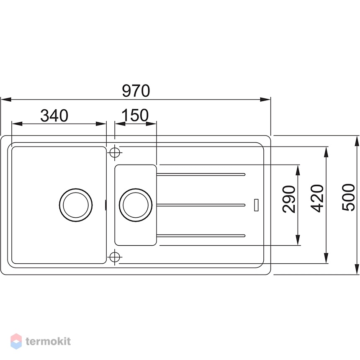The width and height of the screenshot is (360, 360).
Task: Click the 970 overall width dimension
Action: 136,91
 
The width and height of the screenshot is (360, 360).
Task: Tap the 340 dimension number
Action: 54,116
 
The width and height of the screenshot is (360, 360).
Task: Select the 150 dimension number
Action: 135,115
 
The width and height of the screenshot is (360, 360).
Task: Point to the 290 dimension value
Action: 289,199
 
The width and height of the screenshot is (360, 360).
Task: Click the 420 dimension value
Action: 317,198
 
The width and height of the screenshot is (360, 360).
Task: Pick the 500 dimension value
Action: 348,197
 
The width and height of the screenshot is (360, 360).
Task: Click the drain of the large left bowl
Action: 76,205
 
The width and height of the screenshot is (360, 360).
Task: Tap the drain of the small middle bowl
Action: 136,205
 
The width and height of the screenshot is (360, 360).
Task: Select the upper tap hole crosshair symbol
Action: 115,152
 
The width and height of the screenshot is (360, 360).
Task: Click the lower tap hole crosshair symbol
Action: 115,257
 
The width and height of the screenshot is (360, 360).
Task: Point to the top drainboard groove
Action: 201,175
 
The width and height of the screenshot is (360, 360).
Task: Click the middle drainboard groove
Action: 201,205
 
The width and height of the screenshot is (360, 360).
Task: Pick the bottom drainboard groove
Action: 201,236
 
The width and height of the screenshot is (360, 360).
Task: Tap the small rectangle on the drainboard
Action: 257,205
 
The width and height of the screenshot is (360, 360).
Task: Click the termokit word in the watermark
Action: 48,341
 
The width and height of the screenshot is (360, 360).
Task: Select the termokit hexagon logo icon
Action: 16,341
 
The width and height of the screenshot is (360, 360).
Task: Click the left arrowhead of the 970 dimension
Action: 6,99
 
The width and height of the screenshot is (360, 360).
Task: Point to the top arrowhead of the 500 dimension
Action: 357,141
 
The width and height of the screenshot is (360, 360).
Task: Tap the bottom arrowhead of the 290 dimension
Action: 298,240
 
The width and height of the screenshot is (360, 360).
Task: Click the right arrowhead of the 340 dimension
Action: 101,124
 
